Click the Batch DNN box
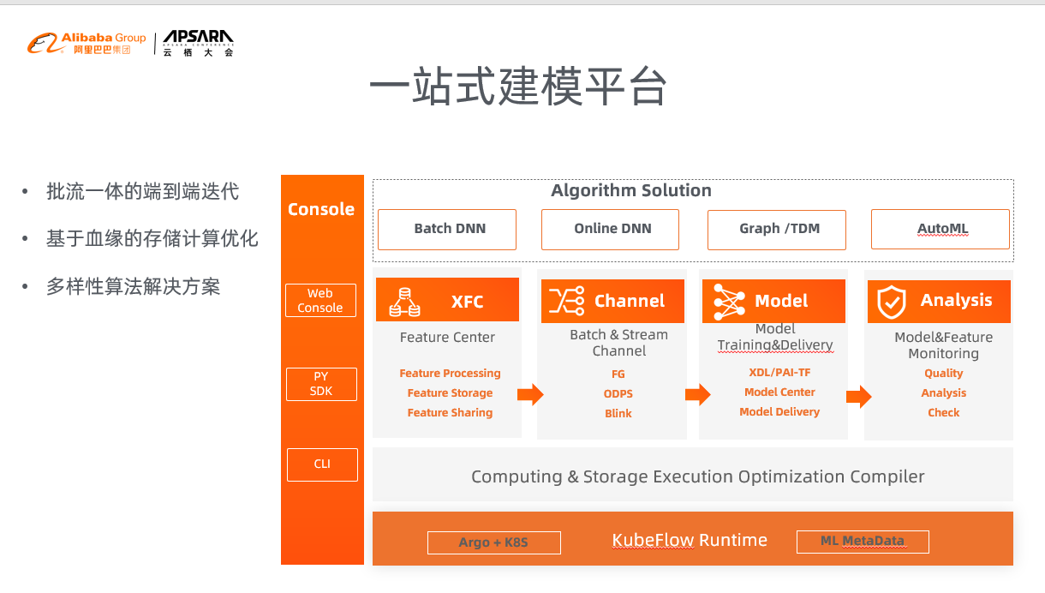tap(447, 229)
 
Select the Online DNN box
tap(610, 229)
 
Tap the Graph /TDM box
tap(777, 230)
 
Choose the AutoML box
tap(940, 229)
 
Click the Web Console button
tap(321, 301)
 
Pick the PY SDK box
tap(321, 384)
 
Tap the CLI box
tap(322, 464)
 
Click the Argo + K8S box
tap(494, 542)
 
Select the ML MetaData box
tap(863, 542)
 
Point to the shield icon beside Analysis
tap(892, 302)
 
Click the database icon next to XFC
tap(404, 302)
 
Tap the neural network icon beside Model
tap(729, 302)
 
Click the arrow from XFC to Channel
tap(530, 394)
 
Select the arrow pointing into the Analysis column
tap(859, 397)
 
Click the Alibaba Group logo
tap(87, 44)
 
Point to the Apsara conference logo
tap(198, 43)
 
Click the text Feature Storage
tap(451, 392)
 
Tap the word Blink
tap(618, 413)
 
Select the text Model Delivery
tap(779, 411)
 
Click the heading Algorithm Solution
tap(631, 190)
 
